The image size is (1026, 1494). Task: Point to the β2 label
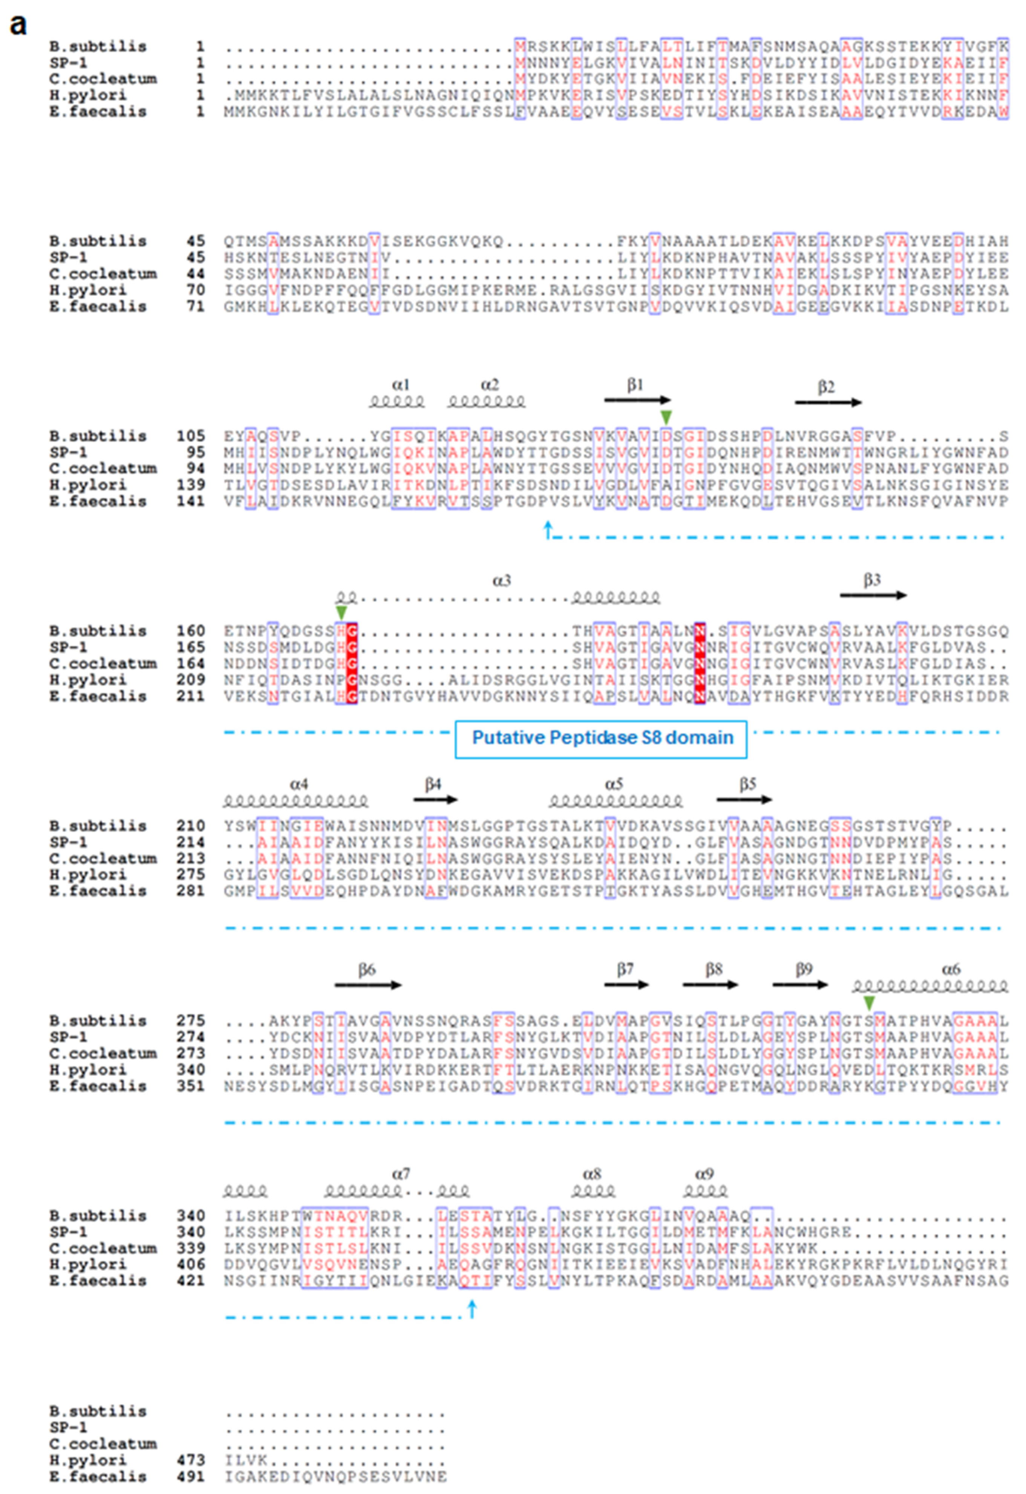click(826, 387)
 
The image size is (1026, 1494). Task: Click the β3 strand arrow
click(873, 595)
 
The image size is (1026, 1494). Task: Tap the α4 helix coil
click(296, 801)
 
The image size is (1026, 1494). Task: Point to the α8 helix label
click(592, 1174)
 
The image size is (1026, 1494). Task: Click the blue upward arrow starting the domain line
click(548, 529)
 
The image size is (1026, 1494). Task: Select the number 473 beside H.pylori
click(191, 1460)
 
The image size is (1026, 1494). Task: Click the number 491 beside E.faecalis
click(191, 1477)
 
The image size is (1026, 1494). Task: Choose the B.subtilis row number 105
click(191, 436)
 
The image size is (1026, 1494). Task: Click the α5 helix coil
click(615, 801)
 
